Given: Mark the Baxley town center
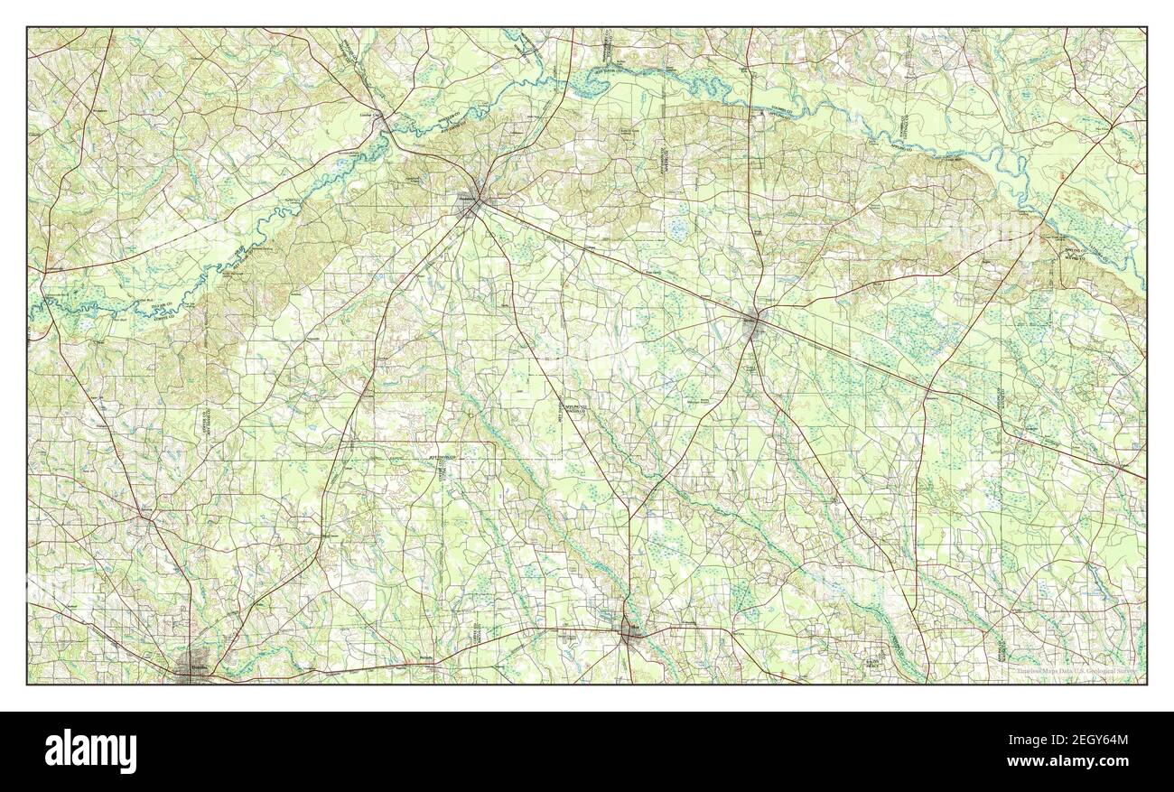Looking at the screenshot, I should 754,322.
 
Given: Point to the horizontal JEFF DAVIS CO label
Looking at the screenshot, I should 439,460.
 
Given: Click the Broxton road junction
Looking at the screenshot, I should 144,517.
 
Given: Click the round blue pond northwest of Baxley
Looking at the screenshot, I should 677,231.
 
